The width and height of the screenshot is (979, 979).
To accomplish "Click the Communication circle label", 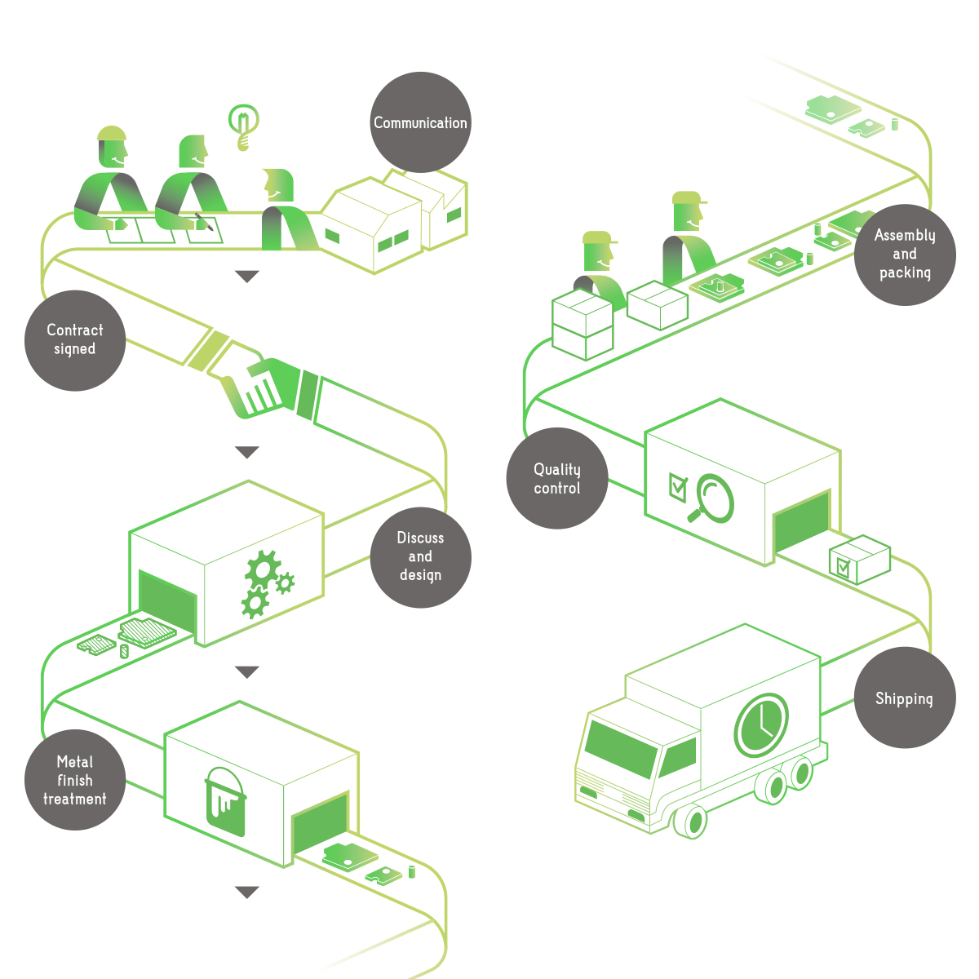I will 420,122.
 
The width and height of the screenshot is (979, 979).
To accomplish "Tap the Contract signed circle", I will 74,340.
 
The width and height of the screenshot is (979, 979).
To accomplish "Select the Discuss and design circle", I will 420,557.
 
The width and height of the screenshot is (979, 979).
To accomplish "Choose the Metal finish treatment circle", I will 74,780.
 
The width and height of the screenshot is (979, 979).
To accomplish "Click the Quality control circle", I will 557,479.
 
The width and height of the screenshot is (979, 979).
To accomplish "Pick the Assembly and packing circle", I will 905,255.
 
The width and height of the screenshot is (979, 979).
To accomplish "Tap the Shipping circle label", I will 904,698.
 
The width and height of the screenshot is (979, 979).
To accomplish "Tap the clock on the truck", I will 761,725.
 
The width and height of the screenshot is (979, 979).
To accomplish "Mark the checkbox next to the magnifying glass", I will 677,485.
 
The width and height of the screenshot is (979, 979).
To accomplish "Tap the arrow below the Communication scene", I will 246,277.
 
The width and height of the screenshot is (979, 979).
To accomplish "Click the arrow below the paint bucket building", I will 246,892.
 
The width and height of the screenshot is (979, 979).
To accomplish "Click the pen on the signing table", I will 204,222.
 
